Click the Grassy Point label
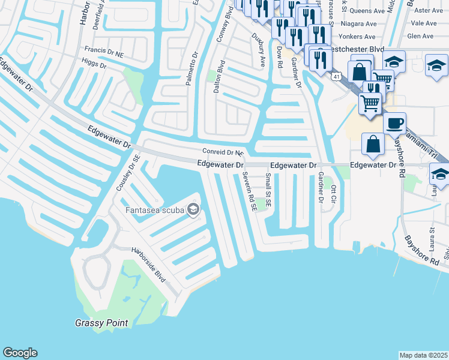pos(101,323)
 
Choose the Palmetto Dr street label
pos(191,68)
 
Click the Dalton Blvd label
pos(220,76)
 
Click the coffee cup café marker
pos(394,124)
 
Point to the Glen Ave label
pos(420,36)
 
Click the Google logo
pos(20,353)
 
